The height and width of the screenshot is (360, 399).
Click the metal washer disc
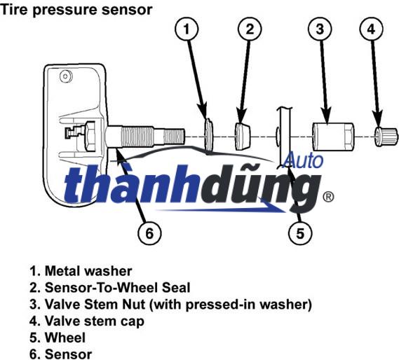[208, 133]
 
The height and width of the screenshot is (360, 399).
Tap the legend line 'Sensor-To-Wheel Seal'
[109, 287]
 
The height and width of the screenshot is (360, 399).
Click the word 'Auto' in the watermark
[304, 160]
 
